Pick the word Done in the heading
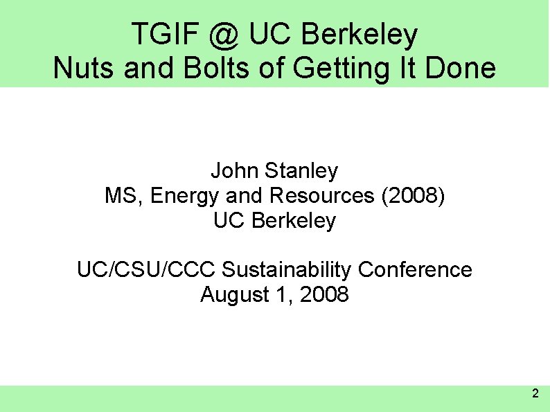pyautogui.click(x=462, y=69)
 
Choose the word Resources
pyautogui.click(x=323, y=196)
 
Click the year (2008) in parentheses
pyautogui.click(x=413, y=196)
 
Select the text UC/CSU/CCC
pyautogui.click(x=147, y=269)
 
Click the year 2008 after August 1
pyautogui.click(x=325, y=295)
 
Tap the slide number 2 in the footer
pyautogui.click(x=534, y=394)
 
